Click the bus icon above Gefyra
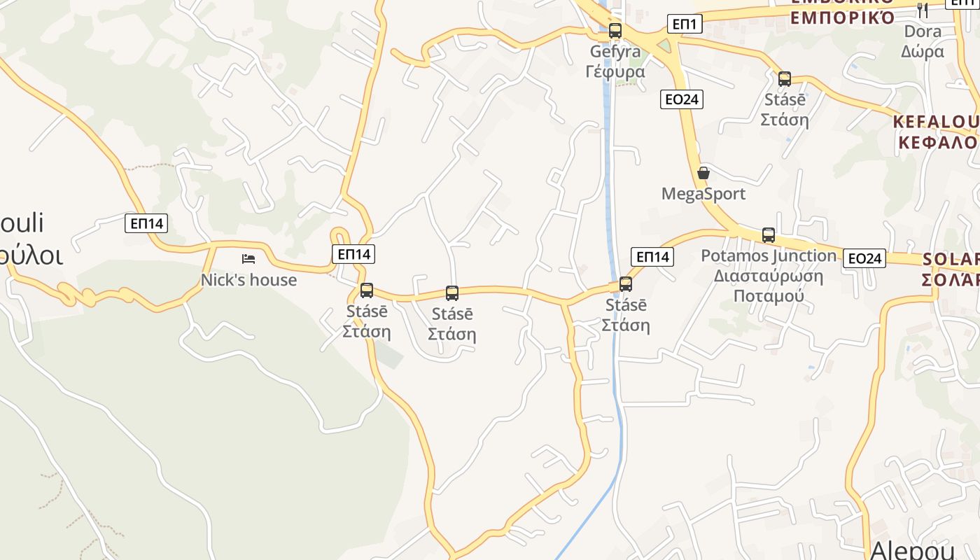(x=615, y=31)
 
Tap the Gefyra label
(x=615, y=52)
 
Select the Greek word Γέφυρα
(x=615, y=71)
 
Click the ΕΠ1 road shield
(x=684, y=24)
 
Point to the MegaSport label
(x=703, y=194)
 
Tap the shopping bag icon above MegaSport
(x=703, y=173)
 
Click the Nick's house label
(x=248, y=280)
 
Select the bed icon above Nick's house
(x=248, y=259)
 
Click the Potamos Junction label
(x=769, y=256)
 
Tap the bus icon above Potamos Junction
(x=769, y=235)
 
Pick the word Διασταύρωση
(x=769, y=275)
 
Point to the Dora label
(x=923, y=31)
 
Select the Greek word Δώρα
(x=923, y=51)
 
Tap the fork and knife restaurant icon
(x=923, y=10)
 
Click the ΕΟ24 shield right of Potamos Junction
(x=864, y=258)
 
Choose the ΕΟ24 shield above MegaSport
(x=681, y=99)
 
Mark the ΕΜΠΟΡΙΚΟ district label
(x=843, y=17)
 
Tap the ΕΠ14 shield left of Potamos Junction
(x=652, y=257)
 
